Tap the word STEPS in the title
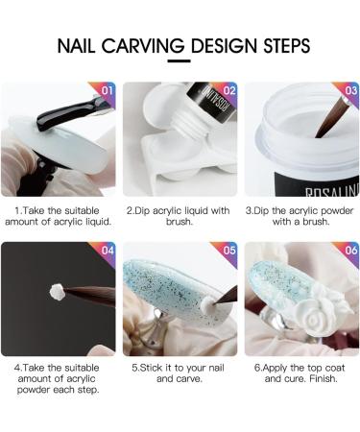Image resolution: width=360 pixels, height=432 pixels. coord(279,46)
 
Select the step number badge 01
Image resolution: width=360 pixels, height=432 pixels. coord(107,91)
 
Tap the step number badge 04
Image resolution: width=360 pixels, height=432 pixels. coord(107,251)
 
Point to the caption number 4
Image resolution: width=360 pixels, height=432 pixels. coord(17,367)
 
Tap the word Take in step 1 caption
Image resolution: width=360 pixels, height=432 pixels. coord(35,208)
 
